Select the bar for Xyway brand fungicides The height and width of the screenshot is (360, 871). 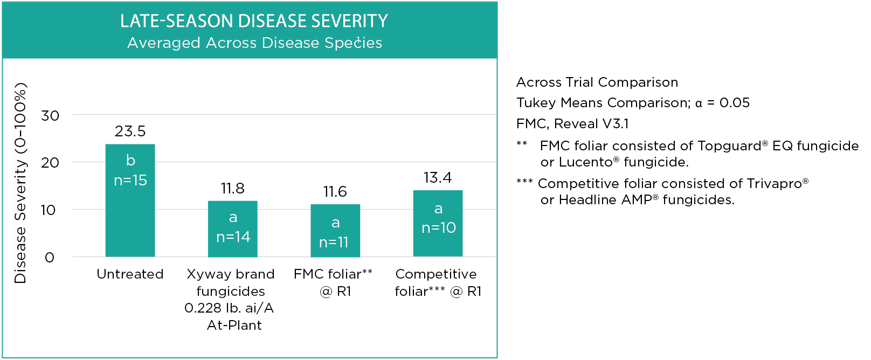pyautogui.click(x=233, y=229)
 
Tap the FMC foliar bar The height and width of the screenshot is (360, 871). pyautogui.click(x=335, y=231)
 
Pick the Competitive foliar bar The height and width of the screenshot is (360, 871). pyautogui.click(x=438, y=224)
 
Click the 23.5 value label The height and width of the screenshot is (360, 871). pyautogui.click(x=130, y=131)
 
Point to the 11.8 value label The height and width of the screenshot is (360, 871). pyautogui.click(x=232, y=189)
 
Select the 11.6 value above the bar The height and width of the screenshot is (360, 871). pyautogui.click(x=335, y=192)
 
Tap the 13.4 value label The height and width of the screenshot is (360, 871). pyautogui.click(x=438, y=178)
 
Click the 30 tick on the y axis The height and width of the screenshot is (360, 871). pyautogui.click(x=50, y=116)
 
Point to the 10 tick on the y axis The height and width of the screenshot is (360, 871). pyautogui.click(x=49, y=210)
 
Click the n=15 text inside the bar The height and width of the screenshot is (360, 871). pyautogui.click(x=130, y=181)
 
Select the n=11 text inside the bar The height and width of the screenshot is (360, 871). pyautogui.click(x=334, y=243)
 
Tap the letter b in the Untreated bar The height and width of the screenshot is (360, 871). pyautogui.click(x=130, y=161)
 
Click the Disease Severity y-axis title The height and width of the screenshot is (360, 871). pyautogui.click(x=20, y=183)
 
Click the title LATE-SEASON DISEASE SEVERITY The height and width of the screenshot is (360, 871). pyautogui.click(x=254, y=21)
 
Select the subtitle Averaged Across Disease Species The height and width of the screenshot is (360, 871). pyautogui.click(x=254, y=43)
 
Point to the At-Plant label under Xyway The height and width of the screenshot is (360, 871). pyautogui.click(x=234, y=326)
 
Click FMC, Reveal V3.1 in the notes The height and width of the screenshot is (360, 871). pyautogui.click(x=572, y=124)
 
